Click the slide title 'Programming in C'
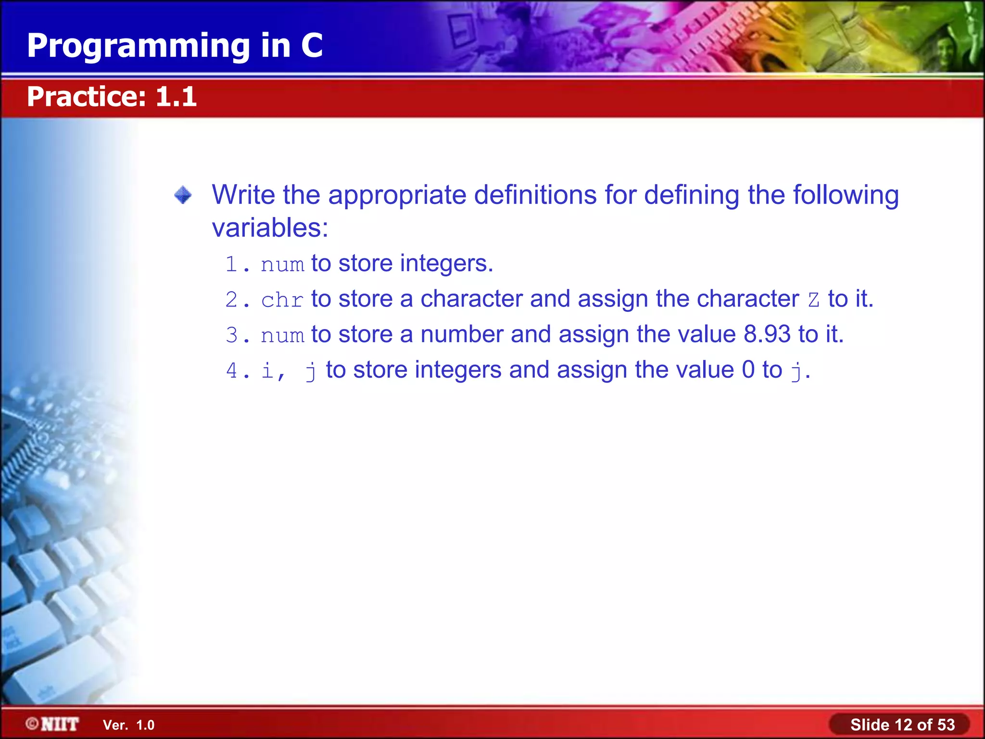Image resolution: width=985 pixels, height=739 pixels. point(175,46)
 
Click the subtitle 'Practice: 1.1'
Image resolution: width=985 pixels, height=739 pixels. point(112,97)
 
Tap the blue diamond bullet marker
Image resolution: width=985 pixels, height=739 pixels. point(183,195)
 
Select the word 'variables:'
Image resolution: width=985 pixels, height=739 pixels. point(270,228)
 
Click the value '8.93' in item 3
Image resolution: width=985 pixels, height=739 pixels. point(767,334)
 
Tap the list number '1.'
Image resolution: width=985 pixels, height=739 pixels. point(238,265)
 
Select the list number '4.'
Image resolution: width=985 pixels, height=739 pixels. point(238,371)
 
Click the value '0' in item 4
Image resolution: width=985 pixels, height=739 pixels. point(748,370)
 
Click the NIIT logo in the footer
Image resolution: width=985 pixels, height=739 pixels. point(53,724)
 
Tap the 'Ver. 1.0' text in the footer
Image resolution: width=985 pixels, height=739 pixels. point(128,725)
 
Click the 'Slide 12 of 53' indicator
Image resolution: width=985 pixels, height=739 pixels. point(902,725)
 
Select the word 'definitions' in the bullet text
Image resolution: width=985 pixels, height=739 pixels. point(535,195)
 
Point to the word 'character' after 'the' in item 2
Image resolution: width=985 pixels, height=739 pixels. point(747,299)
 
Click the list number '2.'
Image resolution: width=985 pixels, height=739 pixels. point(238,300)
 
